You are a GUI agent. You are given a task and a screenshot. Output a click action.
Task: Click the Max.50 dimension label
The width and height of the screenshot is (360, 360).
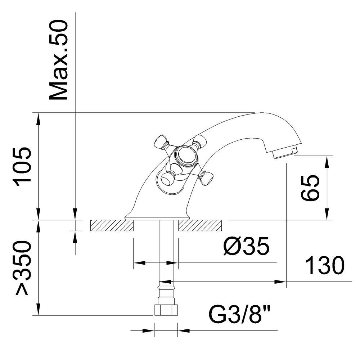click(x=59, y=60)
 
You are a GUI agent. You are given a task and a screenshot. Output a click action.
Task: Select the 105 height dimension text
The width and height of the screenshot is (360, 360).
click(x=22, y=165)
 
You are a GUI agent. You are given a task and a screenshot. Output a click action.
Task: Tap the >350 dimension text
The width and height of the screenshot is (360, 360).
click(x=22, y=267)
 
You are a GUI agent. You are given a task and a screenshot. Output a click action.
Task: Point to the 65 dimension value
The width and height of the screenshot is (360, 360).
click(x=310, y=188)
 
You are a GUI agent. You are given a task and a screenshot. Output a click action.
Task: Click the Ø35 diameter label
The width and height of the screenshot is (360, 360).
click(x=246, y=246)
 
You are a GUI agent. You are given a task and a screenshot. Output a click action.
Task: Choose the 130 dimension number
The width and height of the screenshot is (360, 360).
click(x=325, y=265)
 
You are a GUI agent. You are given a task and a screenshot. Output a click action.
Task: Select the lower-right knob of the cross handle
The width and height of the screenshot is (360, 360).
click(x=206, y=177)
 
